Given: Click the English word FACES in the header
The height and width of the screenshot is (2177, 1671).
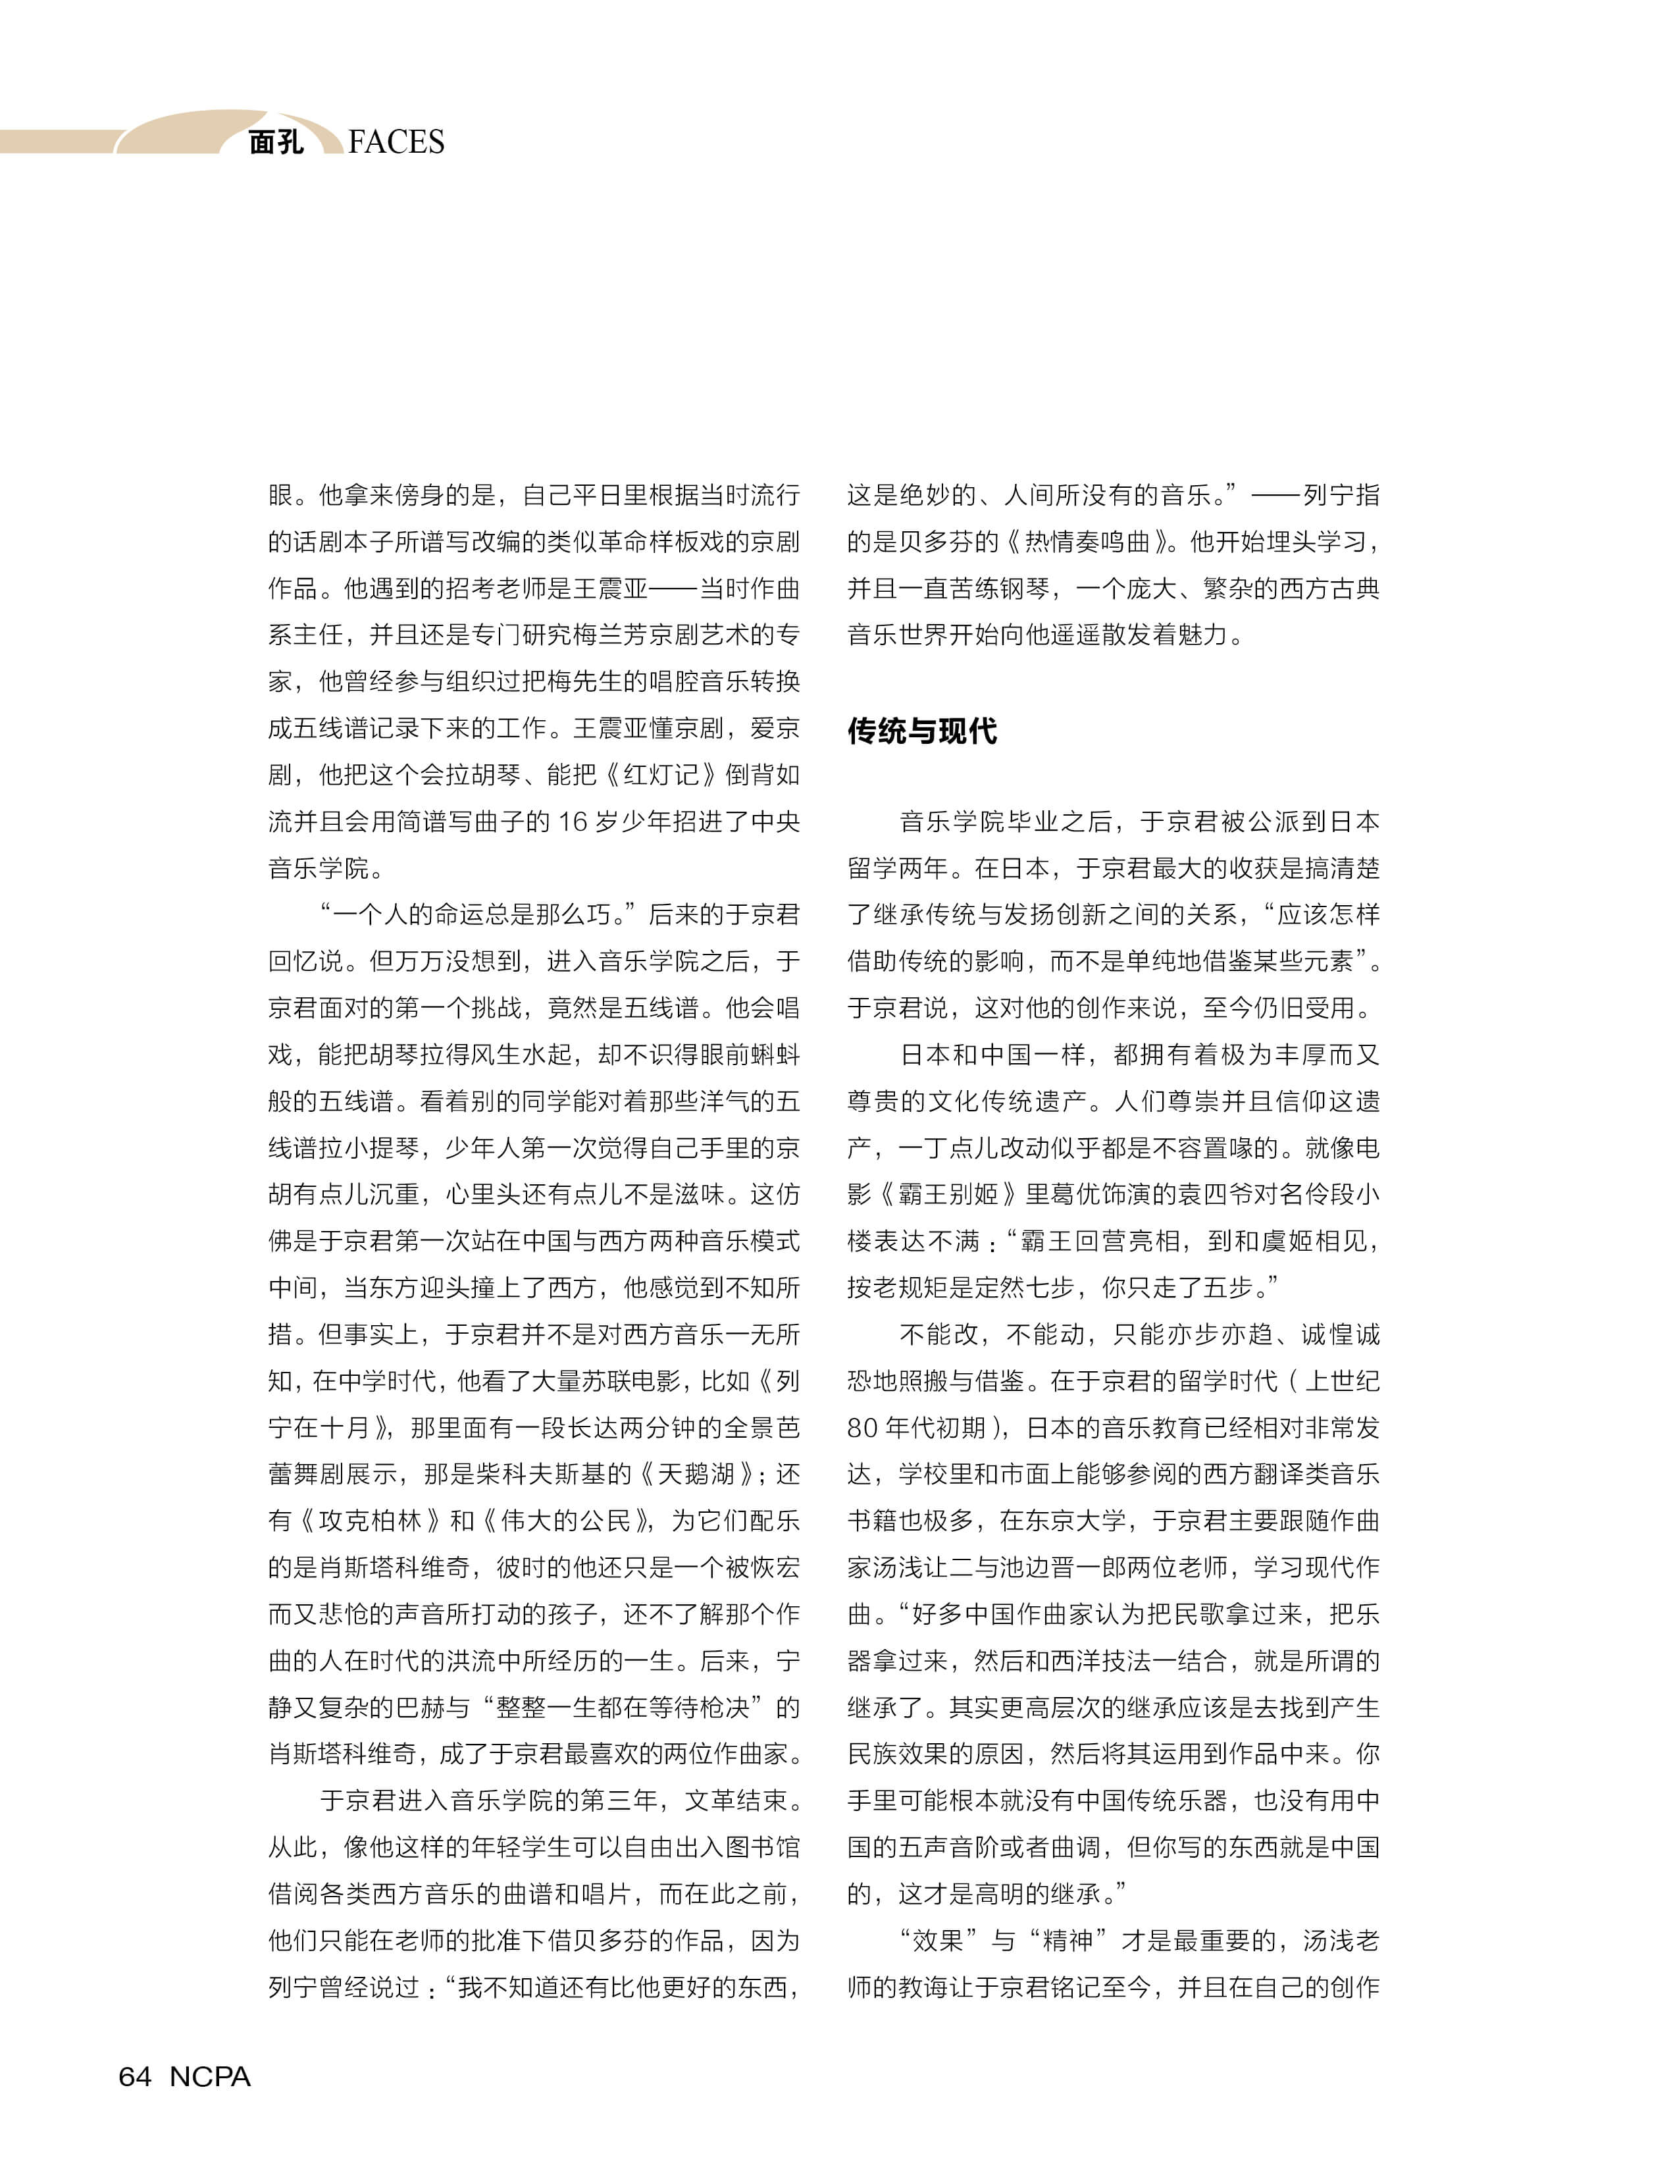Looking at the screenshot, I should tap(396, 142).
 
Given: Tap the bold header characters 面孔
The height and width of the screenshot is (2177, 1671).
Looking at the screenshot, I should tap(276, 142).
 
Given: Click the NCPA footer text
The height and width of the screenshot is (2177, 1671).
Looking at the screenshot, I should tap(210, 2076).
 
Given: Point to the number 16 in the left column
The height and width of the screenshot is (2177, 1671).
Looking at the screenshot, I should tap(573, 822).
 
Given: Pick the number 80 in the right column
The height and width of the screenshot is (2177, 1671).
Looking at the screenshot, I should tap(861, 1428).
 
